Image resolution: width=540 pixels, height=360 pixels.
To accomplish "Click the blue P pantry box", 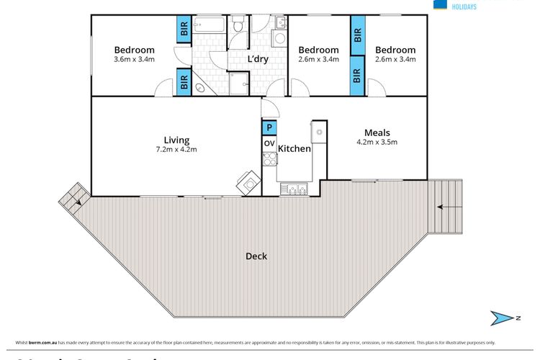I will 269,127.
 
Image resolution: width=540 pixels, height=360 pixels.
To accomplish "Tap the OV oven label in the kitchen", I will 269,143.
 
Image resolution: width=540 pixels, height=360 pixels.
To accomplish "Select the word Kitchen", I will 294,149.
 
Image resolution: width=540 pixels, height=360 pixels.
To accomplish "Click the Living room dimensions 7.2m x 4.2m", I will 176,150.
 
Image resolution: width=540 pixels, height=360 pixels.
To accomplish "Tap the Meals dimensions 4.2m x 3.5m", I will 377,142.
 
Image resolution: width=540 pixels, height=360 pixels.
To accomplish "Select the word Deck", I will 256,256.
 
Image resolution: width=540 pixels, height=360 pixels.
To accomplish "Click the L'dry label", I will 258,59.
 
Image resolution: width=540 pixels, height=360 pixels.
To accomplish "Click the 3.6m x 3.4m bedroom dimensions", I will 135,59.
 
